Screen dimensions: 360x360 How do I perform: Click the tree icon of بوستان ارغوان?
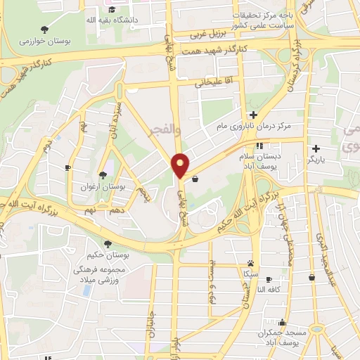(x=103, y=175)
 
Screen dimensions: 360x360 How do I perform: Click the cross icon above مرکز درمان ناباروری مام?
(x=253, y=115)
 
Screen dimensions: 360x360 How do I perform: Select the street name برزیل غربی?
(x=208, y=34)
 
